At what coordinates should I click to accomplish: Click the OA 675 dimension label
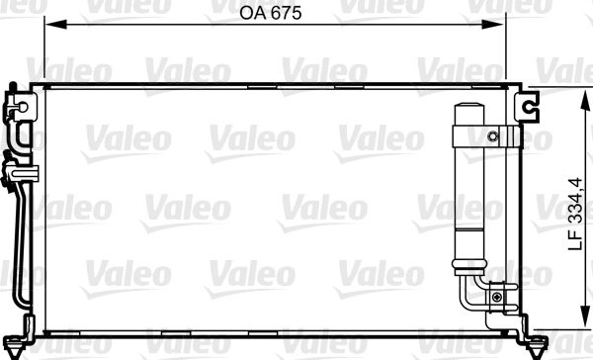[x=269, y=14]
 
